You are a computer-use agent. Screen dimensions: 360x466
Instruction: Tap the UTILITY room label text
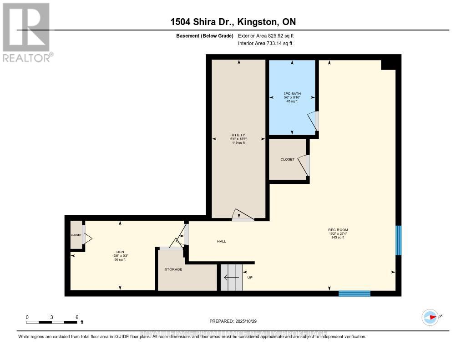click(238, 135)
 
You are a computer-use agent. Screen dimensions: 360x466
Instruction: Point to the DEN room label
click(120, 252)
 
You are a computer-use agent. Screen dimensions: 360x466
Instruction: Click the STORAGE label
click(173, 269)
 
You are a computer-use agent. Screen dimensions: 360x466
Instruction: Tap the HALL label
click(221, 241)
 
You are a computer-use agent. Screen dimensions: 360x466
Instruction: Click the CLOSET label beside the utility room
click(287, 159)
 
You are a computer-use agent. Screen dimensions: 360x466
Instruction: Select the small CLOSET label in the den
click(76, 235)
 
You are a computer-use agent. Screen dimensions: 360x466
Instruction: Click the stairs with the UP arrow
click(232, 277)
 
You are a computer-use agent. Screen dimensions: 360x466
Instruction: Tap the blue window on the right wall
click(398, 240)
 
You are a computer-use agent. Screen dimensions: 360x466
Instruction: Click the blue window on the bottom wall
click(355, 294)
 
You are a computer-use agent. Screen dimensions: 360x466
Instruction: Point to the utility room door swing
click(241, 215)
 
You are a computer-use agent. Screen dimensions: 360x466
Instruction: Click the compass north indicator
click(430, 317)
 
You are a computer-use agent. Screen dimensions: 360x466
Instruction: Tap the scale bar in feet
click(51, 322)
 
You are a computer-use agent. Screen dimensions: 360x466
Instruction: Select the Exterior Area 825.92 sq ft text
click(269, 35)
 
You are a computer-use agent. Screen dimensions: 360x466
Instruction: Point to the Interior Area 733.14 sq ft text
click(265, 43)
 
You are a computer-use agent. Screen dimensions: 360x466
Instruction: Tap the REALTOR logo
click(26, 32)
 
